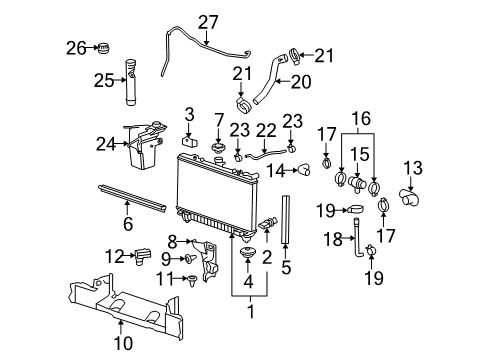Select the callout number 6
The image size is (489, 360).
tap(127, 224)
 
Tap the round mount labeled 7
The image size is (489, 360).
tap(218, 151)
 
